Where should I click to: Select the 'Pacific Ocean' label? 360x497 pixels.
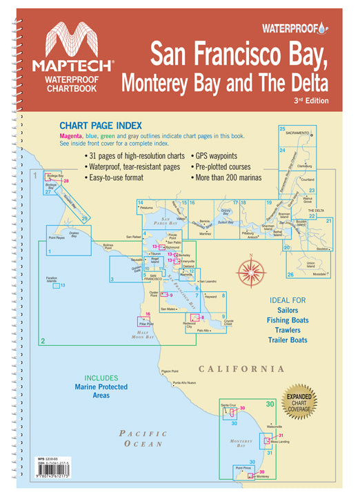click(x=143, y=440)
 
